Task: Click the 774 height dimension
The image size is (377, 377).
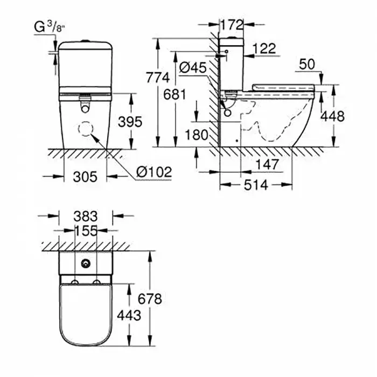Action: [158, 78]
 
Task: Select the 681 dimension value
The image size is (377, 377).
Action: [175, 94]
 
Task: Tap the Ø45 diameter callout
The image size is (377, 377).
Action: [193, 67]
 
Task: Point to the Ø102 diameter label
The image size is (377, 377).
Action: [154, 172]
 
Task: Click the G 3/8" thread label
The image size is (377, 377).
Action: [50, 27]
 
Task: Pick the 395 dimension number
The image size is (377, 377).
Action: [130, 122]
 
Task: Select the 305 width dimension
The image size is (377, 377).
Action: [85, 177]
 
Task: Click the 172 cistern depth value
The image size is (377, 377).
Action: [232, 25]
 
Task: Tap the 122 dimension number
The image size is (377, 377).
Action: [264, 48]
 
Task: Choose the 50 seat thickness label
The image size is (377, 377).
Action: [307, 64]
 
